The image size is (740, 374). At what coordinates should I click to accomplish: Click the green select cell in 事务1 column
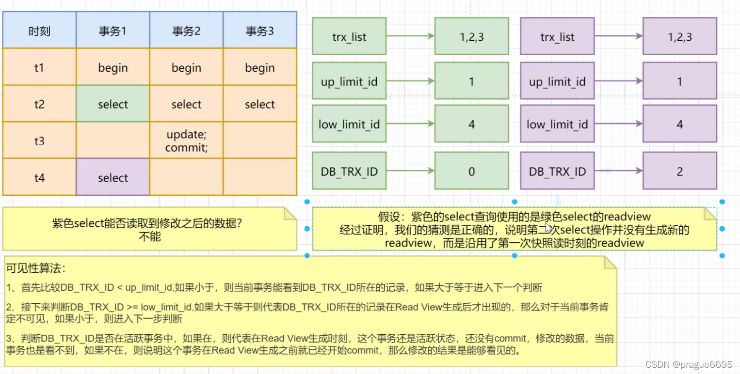[113, 104]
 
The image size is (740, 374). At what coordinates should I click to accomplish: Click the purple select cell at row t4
[113, 177]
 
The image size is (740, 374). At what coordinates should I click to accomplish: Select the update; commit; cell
[186, 140]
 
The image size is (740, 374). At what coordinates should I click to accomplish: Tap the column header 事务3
[259, 31]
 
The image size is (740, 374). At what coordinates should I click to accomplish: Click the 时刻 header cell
[39, 31]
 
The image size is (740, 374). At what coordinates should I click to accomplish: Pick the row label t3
[39, 140]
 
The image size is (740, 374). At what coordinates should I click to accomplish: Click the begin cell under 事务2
[186, 68]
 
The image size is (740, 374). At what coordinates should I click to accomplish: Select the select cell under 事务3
[259, 104]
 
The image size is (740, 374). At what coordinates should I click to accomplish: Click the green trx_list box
[349, 36]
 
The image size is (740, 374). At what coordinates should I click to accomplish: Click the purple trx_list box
[557, 36]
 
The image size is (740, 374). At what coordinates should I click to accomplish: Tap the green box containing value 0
[471, 171]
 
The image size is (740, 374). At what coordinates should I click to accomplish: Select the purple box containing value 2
[679, 171]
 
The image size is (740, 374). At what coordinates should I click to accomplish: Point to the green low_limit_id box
[349, 124]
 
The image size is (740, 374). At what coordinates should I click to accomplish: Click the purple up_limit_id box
[557, 81]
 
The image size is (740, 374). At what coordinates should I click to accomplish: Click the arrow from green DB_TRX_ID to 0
[410, 171]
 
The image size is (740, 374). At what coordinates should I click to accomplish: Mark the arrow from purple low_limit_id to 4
[618, 124]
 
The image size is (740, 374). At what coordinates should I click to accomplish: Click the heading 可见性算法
[35, 268]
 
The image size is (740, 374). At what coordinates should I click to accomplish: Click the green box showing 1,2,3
[471, 36]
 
